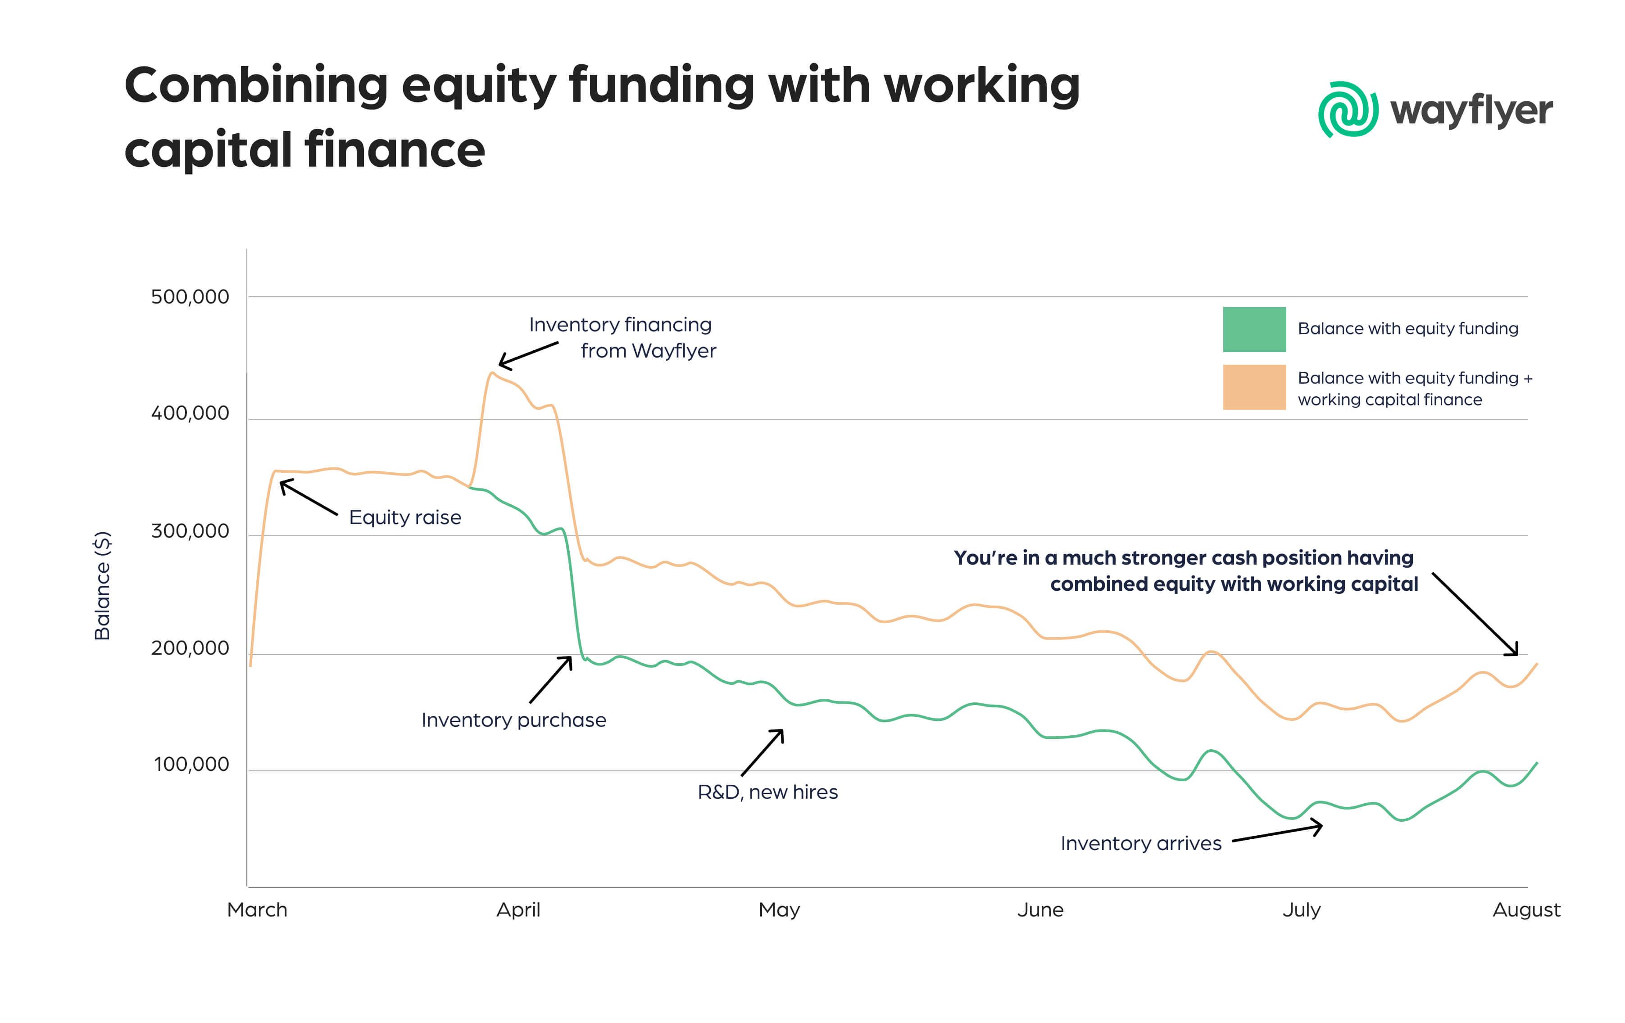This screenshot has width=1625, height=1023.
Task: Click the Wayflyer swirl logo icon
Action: [1347, 109]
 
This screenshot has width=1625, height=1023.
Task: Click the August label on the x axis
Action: [1526, 910]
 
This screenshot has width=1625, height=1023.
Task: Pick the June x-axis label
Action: [1040, 910]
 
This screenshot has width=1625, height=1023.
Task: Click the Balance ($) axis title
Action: [102, 585]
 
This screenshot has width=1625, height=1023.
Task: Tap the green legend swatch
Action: [1254, 329]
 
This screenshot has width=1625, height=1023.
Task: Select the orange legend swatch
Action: [1254, 387]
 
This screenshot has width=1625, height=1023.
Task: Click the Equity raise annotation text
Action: [405, 517]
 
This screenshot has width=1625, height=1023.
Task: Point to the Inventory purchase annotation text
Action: [513, 720]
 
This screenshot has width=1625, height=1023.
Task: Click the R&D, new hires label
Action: [767, 792]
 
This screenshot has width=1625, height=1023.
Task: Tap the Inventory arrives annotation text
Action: [1140, 843]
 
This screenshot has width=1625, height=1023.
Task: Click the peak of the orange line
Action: [492, 372]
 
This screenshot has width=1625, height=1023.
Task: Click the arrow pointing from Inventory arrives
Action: [1277, 833]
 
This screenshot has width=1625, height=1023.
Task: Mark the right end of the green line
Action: [1537, 763]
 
